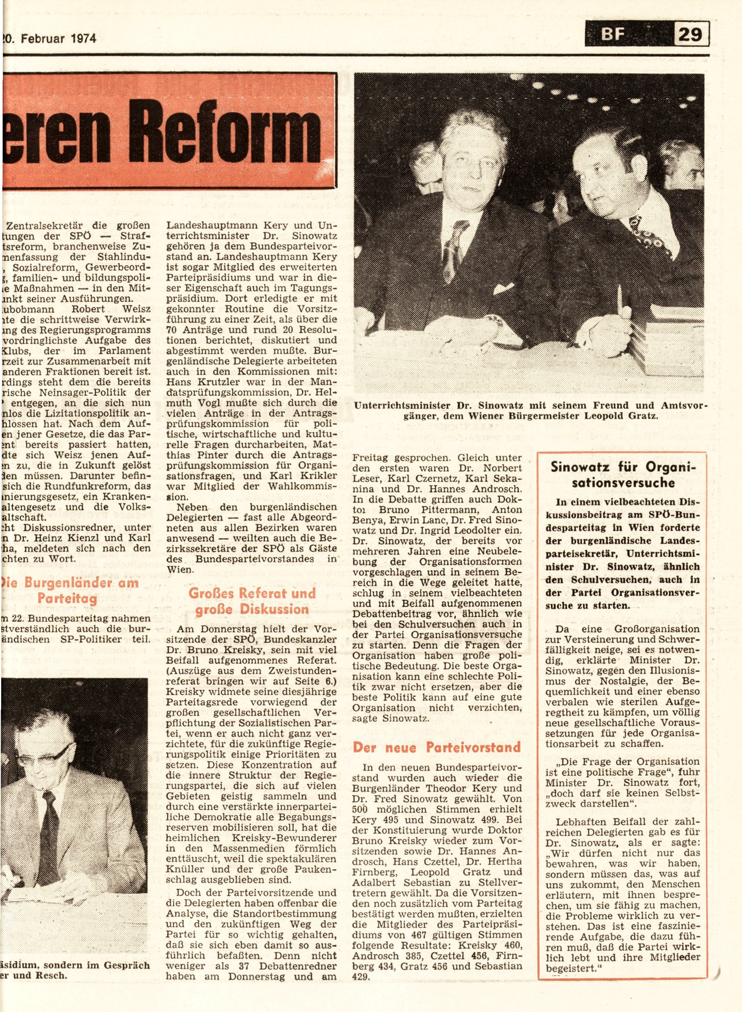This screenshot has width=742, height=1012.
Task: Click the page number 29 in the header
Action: point(691,34)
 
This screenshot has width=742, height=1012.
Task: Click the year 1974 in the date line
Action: point(83,39)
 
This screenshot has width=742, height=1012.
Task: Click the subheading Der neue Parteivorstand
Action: point(437,747)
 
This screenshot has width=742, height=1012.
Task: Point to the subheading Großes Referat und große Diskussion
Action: point(252,601)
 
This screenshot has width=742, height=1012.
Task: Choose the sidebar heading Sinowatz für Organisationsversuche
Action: point(623,474)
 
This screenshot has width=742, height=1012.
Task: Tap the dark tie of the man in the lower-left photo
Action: point(49,826)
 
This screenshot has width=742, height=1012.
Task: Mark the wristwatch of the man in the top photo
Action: point(494,322)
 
